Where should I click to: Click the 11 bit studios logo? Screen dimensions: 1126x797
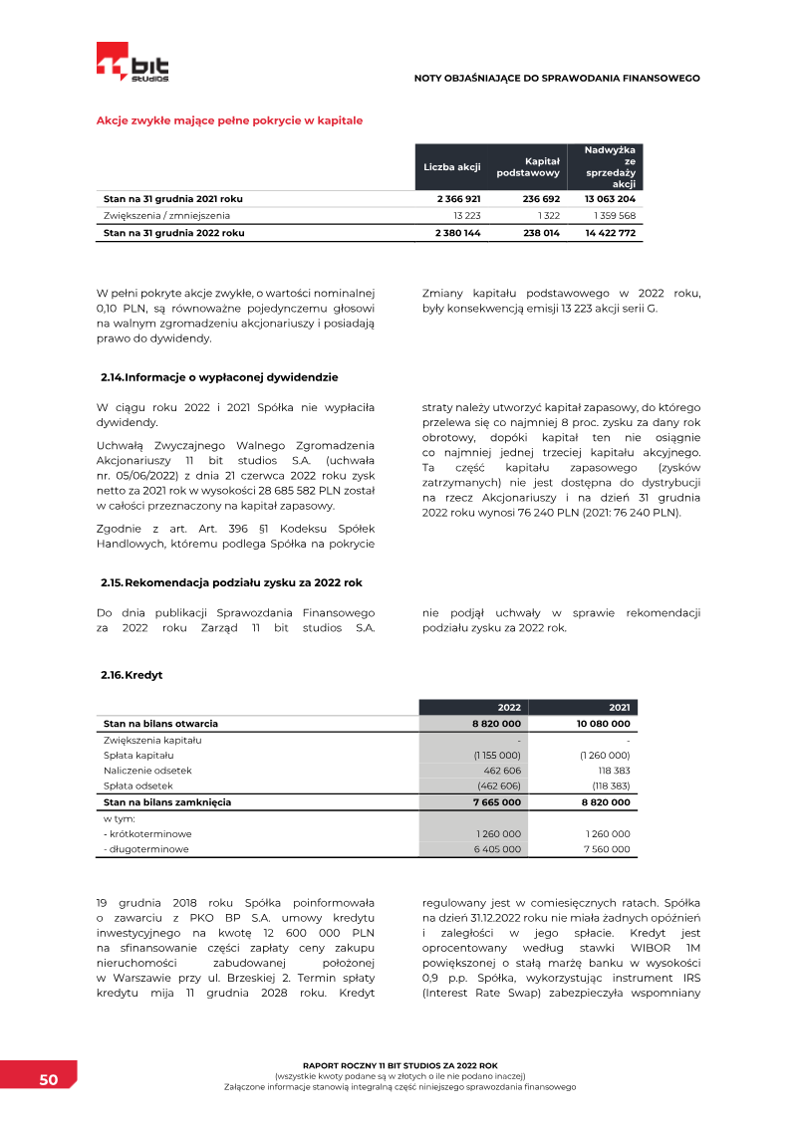click(133, 63)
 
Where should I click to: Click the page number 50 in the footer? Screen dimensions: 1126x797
click(48, 1080)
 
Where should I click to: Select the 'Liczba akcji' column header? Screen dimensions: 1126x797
click(452, 167)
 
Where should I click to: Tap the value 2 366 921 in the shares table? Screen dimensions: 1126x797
click(458, 199)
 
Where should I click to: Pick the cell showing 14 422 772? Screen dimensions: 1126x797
click(610, 233)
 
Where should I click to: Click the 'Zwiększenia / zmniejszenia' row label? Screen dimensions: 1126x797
click(166, 216)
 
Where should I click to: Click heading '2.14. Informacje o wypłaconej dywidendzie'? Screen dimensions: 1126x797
click(219, 377)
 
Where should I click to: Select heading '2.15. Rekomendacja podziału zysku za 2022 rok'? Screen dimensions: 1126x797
click(231, 581)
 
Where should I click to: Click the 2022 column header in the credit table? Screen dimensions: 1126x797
click(509, 708)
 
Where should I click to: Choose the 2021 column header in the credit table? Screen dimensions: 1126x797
click(619, 708)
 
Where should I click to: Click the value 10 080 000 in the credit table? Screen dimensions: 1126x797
click(603, 724)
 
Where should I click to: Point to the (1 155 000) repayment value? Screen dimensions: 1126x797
click(497, 756)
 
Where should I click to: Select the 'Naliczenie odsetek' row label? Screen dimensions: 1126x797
click(147, 771)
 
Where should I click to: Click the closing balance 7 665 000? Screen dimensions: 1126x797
click(496, 802)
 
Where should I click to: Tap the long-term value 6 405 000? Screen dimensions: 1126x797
click(497, 849)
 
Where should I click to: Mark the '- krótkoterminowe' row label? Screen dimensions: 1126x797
click(147, 833)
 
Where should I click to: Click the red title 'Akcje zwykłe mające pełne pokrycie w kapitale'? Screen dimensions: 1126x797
click(229, 120)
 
